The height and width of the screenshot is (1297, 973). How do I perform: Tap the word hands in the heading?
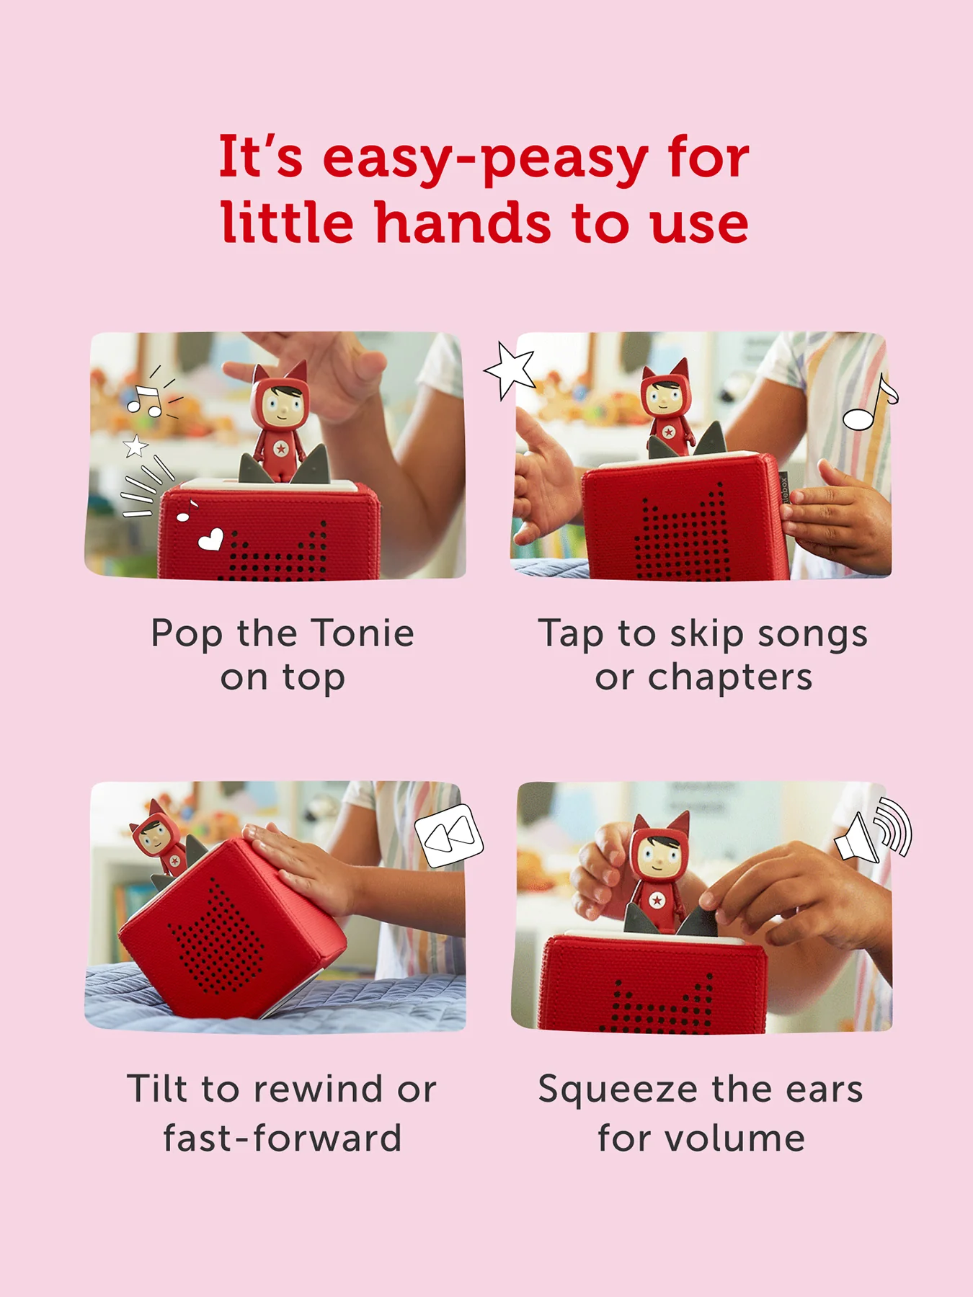[x=463, y=222]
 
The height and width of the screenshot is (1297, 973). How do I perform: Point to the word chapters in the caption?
[x=730, y=679]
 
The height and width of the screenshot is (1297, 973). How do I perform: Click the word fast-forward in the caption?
[x=283, y=1138]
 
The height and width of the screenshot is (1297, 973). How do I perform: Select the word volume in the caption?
[x=734, y=1138]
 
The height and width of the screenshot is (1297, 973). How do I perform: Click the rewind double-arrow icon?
[x=449, y=836]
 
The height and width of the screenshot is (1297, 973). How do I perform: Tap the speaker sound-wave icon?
[x=874, y=831]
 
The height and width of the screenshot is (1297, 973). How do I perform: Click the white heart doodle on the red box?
[x=211, y=539]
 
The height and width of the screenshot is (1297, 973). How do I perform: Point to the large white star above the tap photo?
[x=511, y=370]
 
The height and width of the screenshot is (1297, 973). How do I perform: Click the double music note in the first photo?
[x=146, y=400]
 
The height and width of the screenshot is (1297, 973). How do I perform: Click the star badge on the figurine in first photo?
[x=281, y=448]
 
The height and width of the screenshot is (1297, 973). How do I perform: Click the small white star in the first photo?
[x=135, y=446]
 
